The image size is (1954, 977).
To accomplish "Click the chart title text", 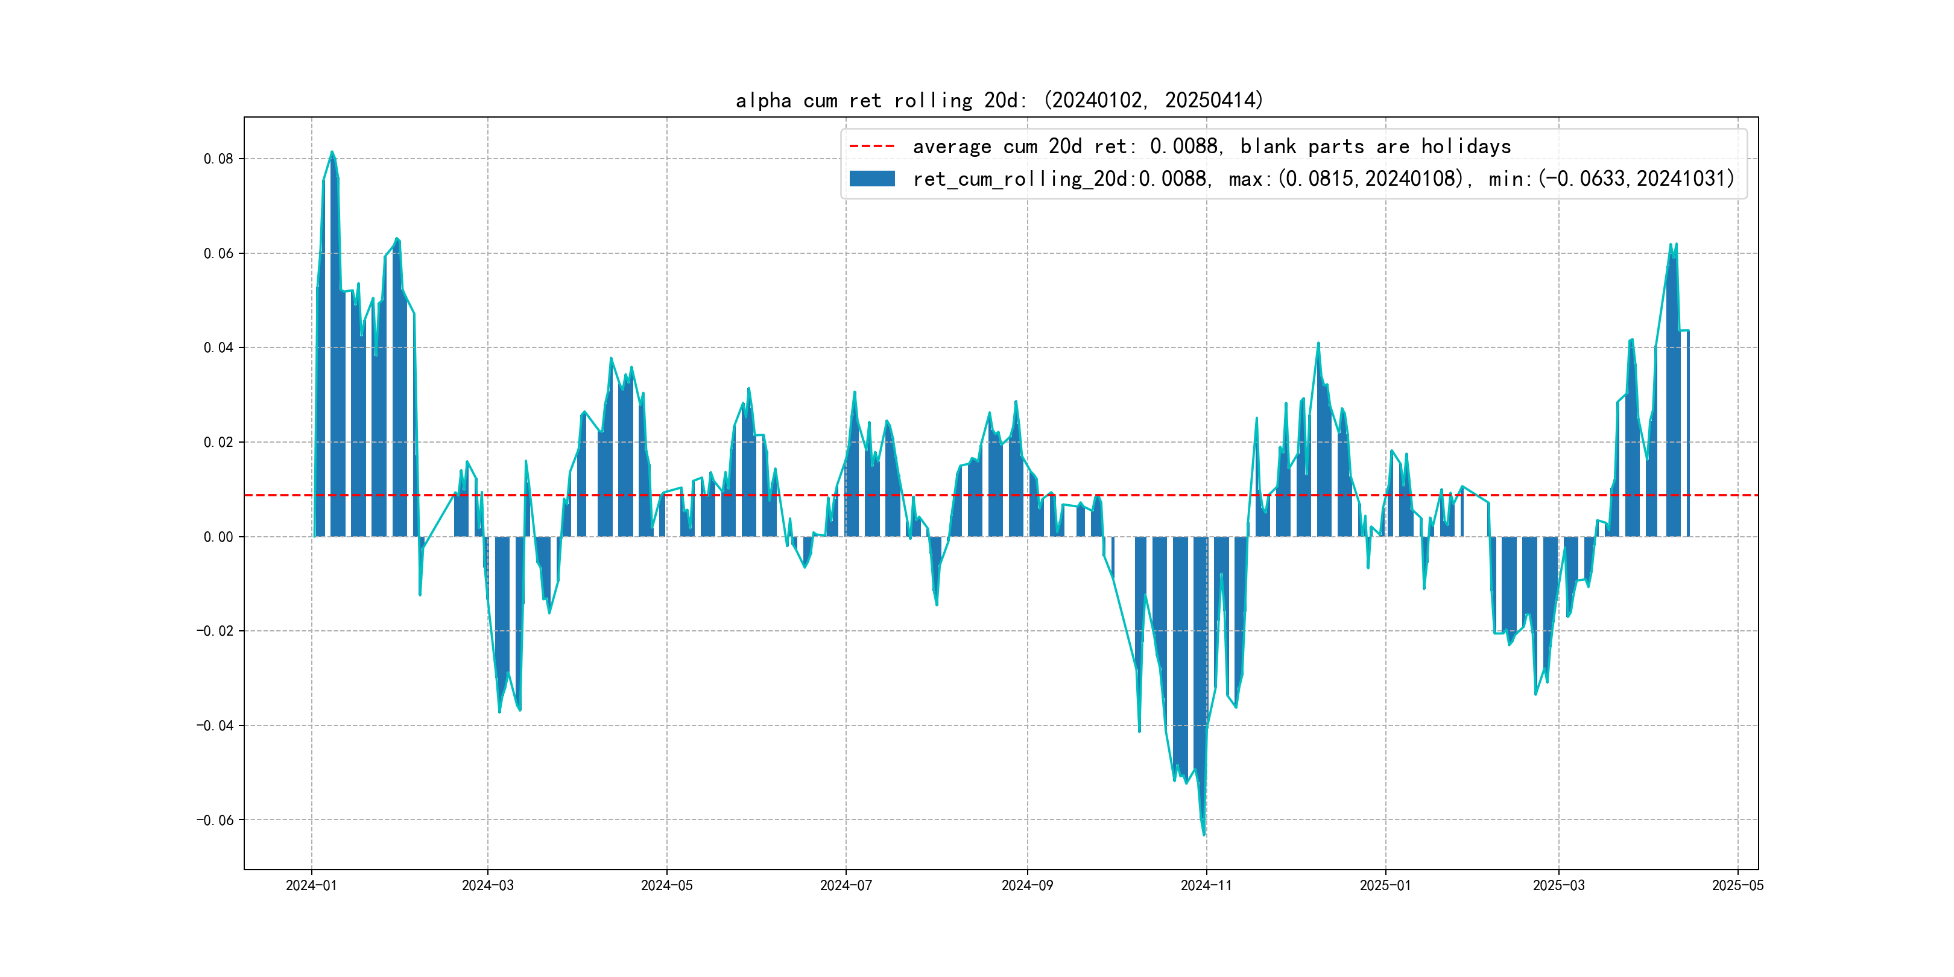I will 999,100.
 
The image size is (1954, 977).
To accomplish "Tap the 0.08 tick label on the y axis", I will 218,159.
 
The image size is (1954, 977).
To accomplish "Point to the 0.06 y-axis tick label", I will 218,253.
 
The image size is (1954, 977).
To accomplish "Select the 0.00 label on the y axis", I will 218,537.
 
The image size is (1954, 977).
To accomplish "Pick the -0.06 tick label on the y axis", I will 215,820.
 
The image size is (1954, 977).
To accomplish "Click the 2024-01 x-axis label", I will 311,885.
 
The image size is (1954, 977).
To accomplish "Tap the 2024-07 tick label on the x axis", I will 846,885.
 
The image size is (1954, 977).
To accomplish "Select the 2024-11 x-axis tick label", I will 1206,885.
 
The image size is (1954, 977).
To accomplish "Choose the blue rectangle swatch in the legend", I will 871,179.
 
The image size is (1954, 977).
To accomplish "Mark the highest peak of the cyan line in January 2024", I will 332,152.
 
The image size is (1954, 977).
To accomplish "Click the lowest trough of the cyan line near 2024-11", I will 1204,835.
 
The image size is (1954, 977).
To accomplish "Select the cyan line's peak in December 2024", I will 1318,343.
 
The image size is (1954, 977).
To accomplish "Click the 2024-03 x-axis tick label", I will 488,885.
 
